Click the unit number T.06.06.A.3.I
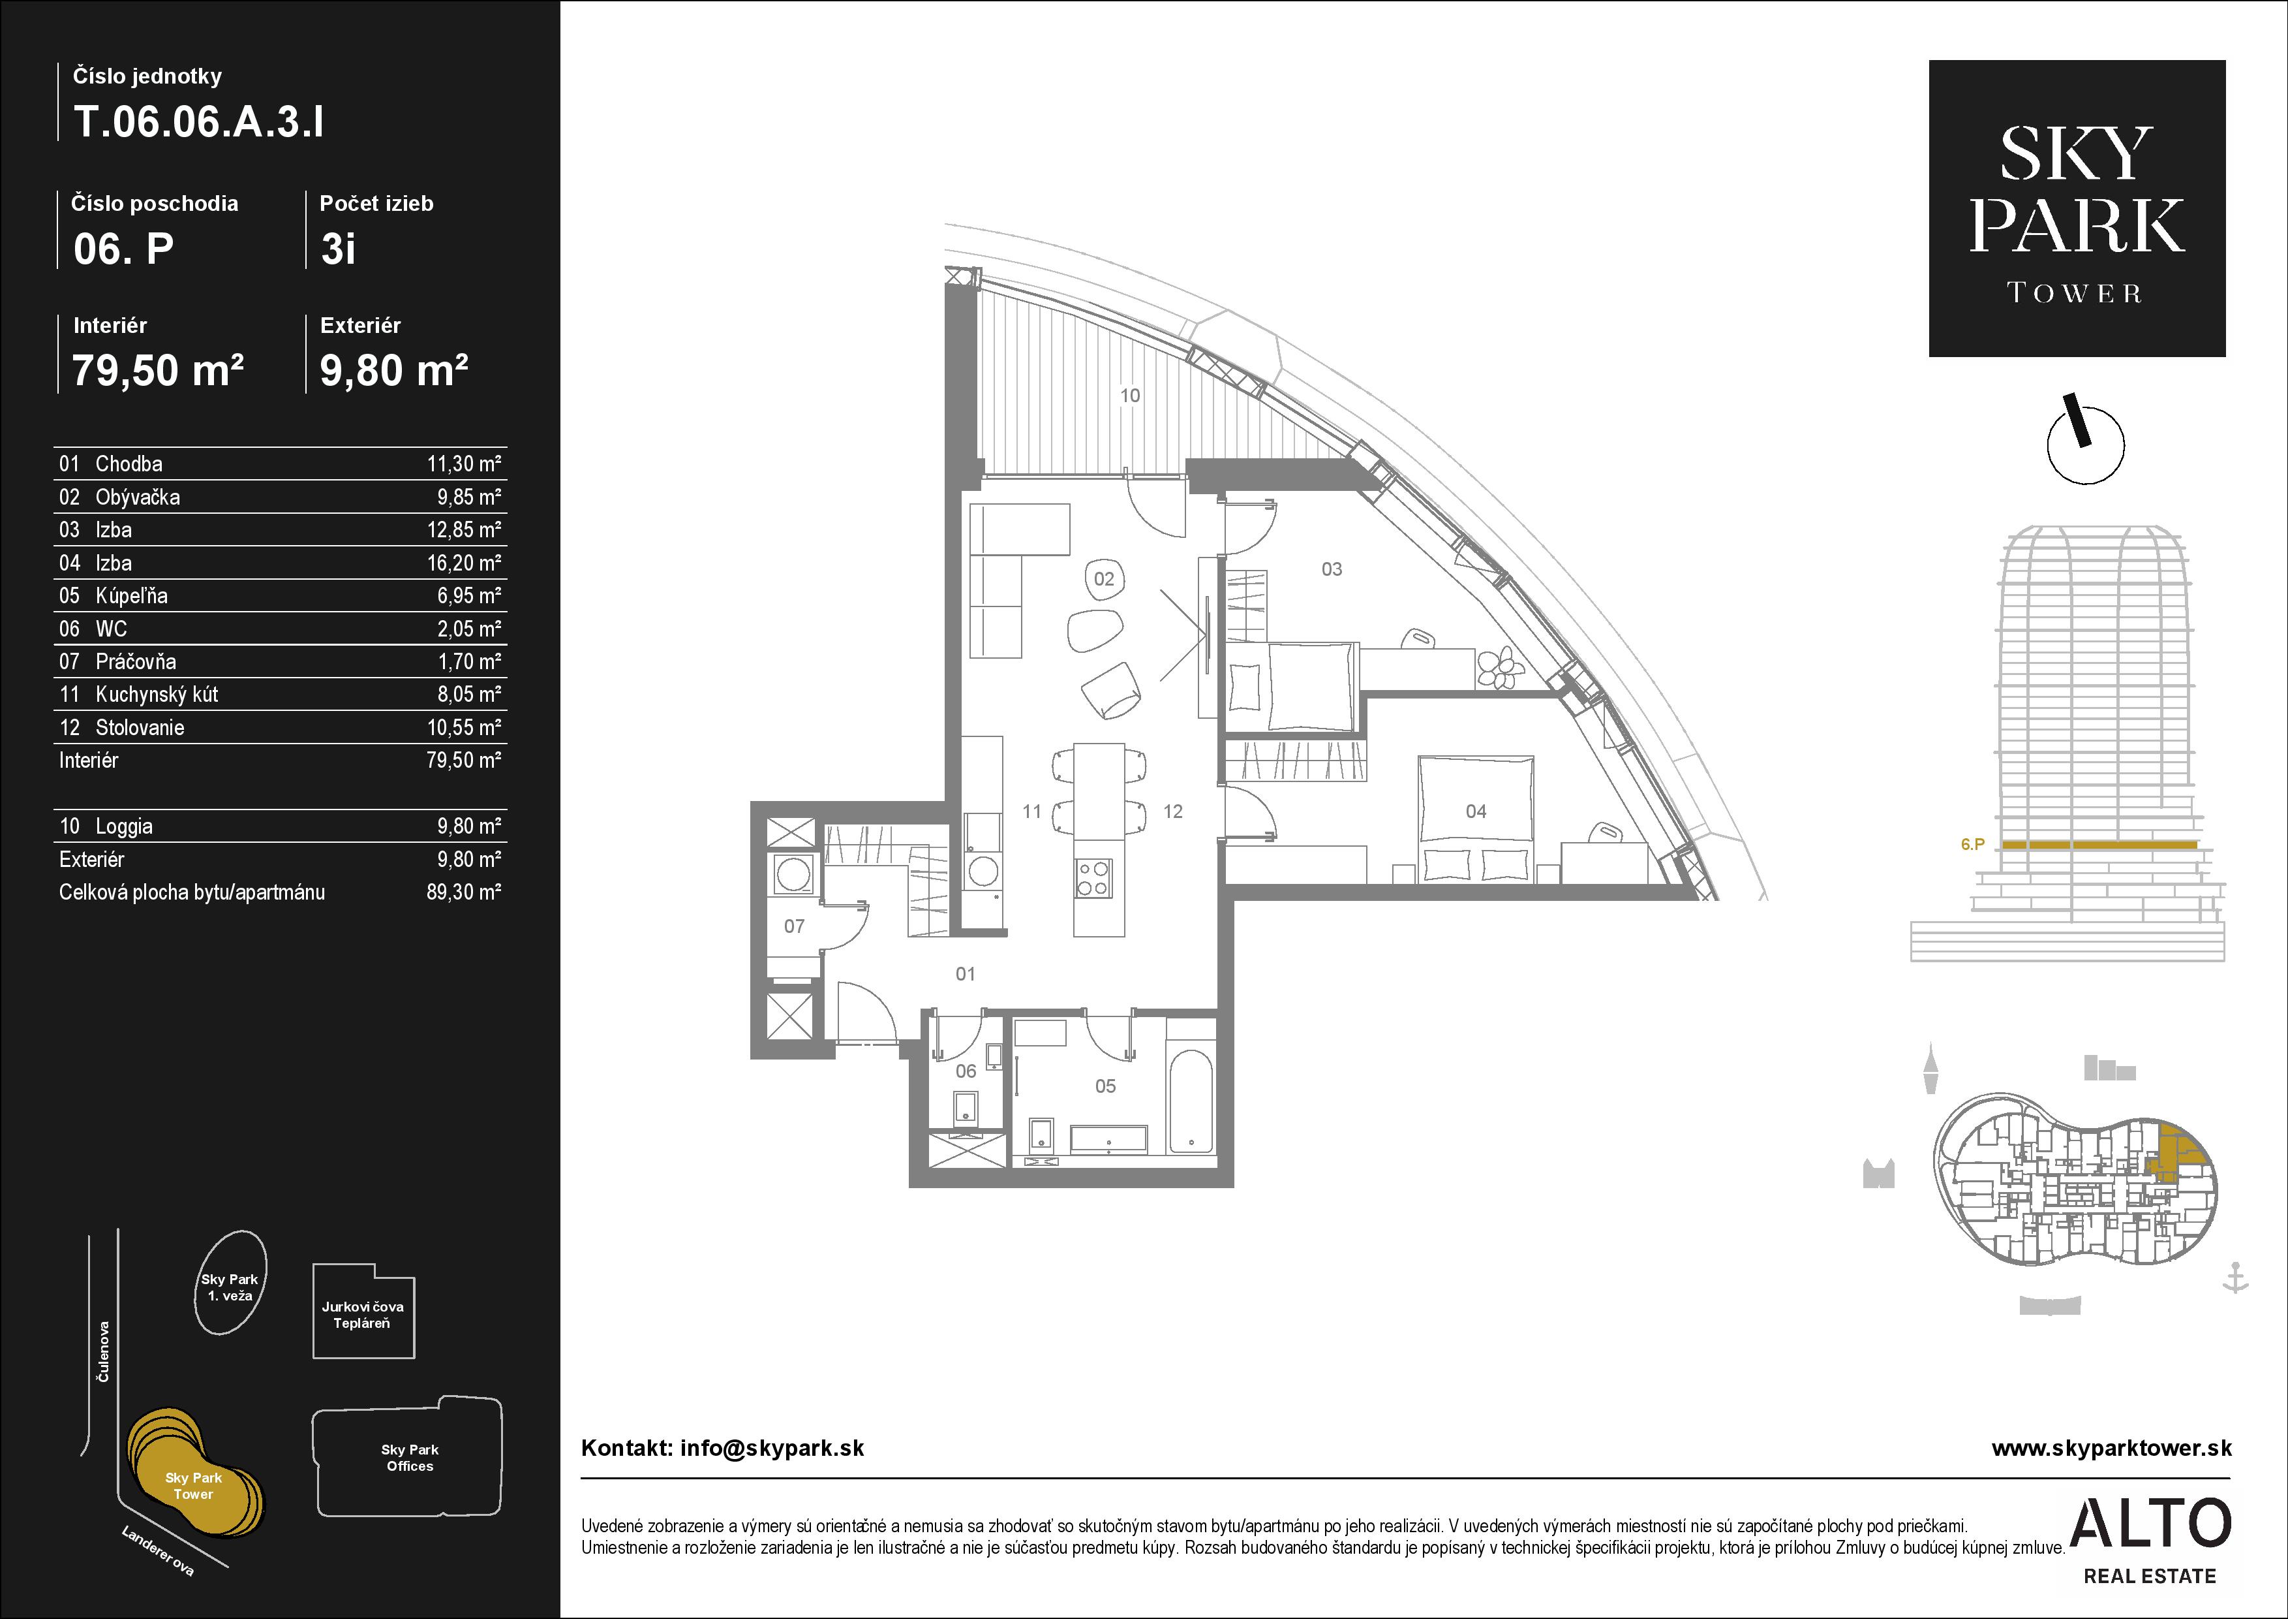pyautogui.click(x=198, y=123)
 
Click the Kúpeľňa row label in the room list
pyautogui.click(x=132, y=596)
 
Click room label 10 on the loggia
pyautogui.click(x=1129, y=396)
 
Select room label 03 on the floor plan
pyautogui.click(x=1332, y=569)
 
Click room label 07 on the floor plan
pyautogui.click(x=794, y=926)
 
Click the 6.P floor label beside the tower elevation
pyautogui.click(x=1972, y=844)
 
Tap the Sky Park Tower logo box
pyautogui.click(x=2077, y=208)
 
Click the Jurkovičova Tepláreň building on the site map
pyautogui.click(x=364, y=1312)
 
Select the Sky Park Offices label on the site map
pyautogui.click(x=410, y=1458)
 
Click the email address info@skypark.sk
pyautogui.click(x=772, y=1449)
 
